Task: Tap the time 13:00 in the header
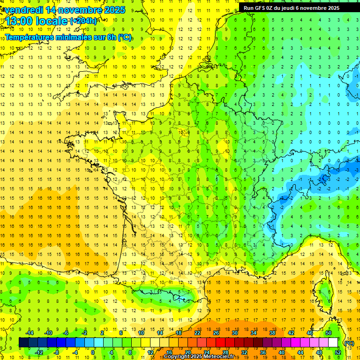pos(20,22)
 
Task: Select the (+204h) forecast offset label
pos(83,21)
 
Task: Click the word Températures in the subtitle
pos(31,37)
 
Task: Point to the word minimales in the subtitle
pos(79,37)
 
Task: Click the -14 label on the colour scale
pos(29,332)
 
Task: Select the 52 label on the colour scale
pos(337,352)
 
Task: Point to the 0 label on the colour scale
pos(92,352)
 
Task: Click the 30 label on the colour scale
pos(235,332)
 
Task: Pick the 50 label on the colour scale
pos(328,332)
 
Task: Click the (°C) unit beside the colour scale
pos(349,343)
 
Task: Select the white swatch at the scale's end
pos(333,342)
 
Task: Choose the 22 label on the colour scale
pos(197,332)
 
